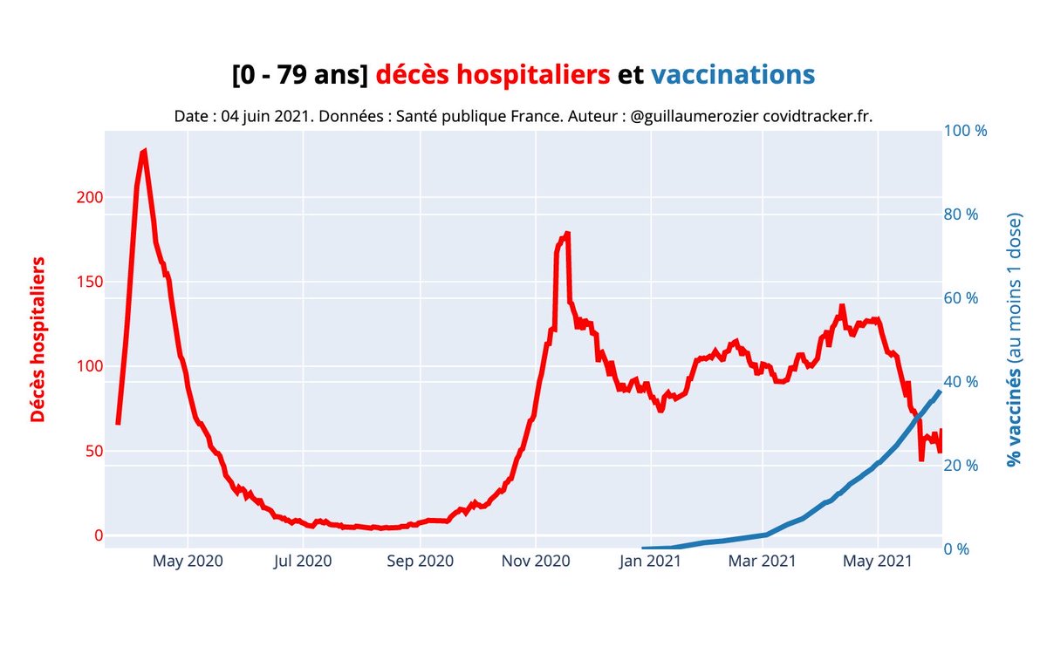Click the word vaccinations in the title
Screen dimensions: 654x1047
click(733, 75)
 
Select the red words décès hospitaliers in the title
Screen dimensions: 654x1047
click(493, 75)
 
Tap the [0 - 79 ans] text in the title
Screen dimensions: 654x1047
click(300, 75)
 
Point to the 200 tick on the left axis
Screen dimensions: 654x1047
click(92, 197)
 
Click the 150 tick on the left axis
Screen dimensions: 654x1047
click(92, 282)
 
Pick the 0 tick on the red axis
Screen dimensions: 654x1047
click(98, 535)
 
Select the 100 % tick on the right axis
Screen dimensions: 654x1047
click(965, 131)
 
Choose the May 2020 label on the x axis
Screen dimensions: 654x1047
click(188, 561)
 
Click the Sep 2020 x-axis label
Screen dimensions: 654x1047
click(421, 561)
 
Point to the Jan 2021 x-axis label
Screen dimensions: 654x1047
click(650, 561)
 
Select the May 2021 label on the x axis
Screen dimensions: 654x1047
click(878, 561)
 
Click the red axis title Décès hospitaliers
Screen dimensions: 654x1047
click(38, 340)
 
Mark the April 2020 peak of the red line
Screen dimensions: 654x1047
click(144, 151)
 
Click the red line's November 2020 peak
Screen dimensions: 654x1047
click(567, 234)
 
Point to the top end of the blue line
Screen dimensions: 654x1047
click(940, 392)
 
